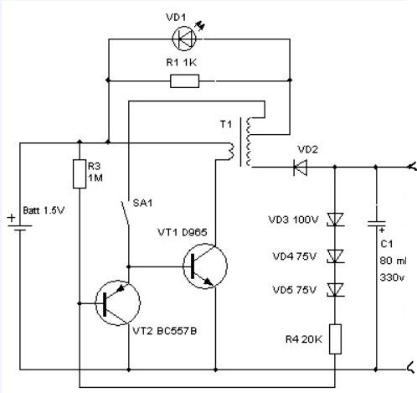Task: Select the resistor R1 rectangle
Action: coord(184,81)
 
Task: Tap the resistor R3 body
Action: coord(80,173)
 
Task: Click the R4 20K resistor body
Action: coord(335,339)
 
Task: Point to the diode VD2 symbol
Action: coord(301,168)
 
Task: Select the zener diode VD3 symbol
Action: coord(335,220)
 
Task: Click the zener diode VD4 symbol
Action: coord(335,256)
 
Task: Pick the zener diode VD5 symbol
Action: coord(335,290)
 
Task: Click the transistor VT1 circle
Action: coord(205,266)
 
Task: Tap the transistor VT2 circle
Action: coord(117,303)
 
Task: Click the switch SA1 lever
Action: coord(126,213)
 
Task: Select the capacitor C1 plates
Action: coord(376,224)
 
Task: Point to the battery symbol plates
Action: coord(20,228)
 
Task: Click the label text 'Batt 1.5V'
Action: coord(44,210)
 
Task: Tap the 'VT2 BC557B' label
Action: coord(164,331)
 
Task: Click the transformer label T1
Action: coord(226,124)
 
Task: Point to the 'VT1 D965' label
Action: coord(183,232)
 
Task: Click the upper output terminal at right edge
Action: coord(413,167)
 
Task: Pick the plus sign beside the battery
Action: coord(12,218)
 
